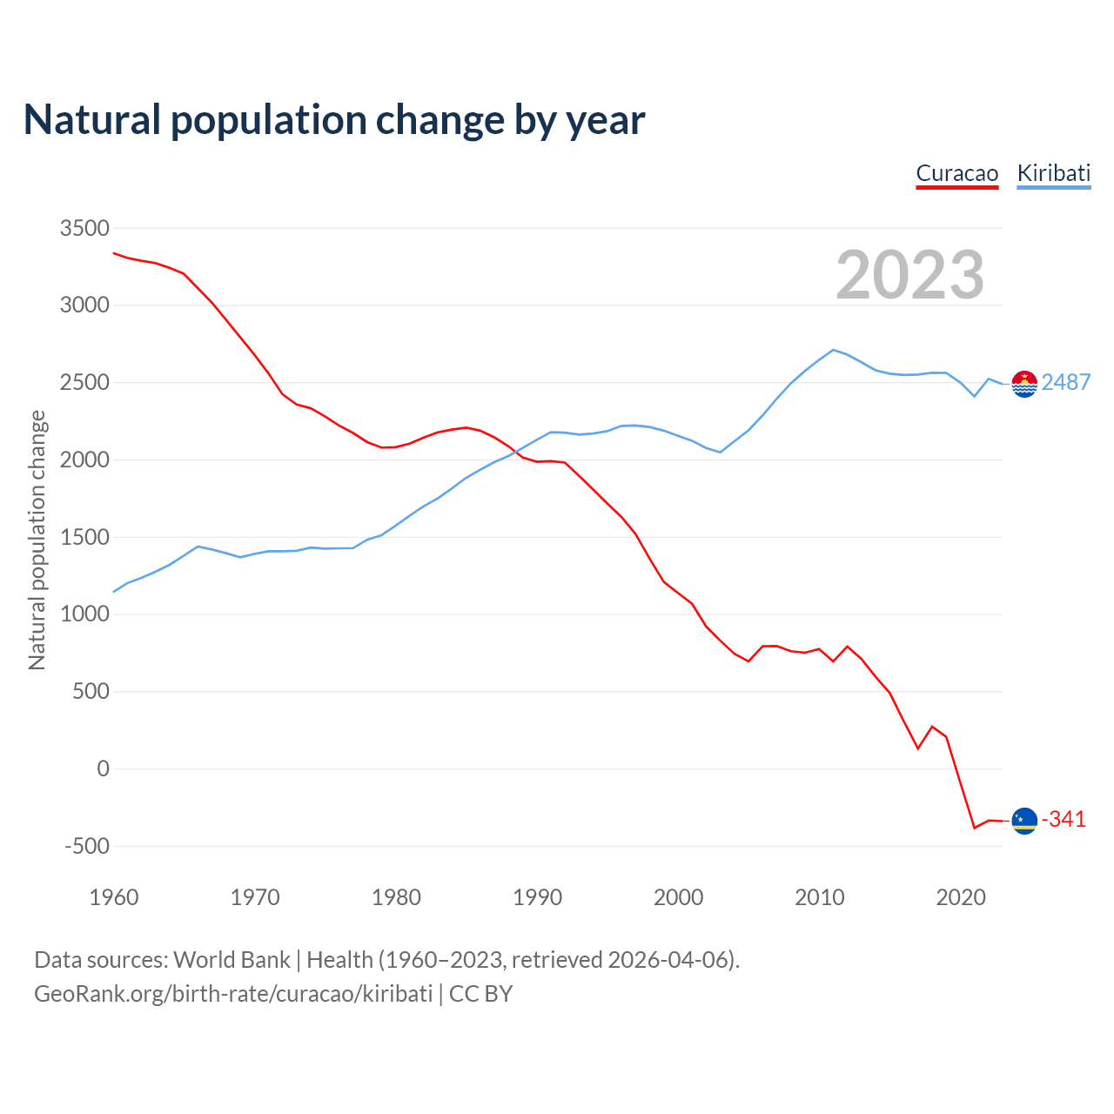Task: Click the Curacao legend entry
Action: tap(956, 173)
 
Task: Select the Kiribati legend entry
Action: tap(1053, 173)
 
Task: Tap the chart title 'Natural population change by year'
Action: tap(334, 120)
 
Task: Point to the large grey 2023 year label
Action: tap(909, 275)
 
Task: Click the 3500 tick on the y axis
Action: tap(84, 228)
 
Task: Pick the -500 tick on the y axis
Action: tap(87, 846)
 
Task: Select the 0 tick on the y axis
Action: tap(104, 768)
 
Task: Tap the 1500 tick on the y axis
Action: tap(84, 537)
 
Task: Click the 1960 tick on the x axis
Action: tap(114, 897)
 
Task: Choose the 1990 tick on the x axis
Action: tap(537, 897)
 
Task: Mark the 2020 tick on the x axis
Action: tap(961, 897)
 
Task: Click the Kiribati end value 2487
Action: tap(1065, 382)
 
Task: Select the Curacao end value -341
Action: tap(1064, 820)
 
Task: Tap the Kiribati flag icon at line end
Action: tap(1024, 383)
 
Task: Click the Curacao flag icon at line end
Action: tap(1024, 821)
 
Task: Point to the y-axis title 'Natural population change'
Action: tap(37, 540)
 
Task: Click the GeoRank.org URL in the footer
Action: tap(233, 994)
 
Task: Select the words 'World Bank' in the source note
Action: tap(232, 960)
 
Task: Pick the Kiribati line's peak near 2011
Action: tap(833, 350)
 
